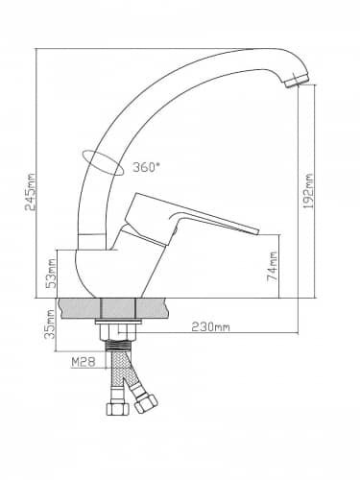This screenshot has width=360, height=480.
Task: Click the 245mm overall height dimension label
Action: click(x=31, y=192)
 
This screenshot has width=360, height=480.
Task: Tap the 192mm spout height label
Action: click(x=308, y=191)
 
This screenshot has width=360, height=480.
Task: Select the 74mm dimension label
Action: click(x=272, y=266)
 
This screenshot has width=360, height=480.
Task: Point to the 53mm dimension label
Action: click(x=51, y=274)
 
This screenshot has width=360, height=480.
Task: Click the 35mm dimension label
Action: click(x=50, y=324)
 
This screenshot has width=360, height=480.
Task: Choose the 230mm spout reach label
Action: click(x=210, y=327)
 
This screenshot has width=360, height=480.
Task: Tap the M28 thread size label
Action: click(x=84, y=362)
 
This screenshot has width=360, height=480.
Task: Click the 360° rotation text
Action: click(x=146, y=167)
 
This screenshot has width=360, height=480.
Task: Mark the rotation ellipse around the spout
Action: click(x=103, y=162)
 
